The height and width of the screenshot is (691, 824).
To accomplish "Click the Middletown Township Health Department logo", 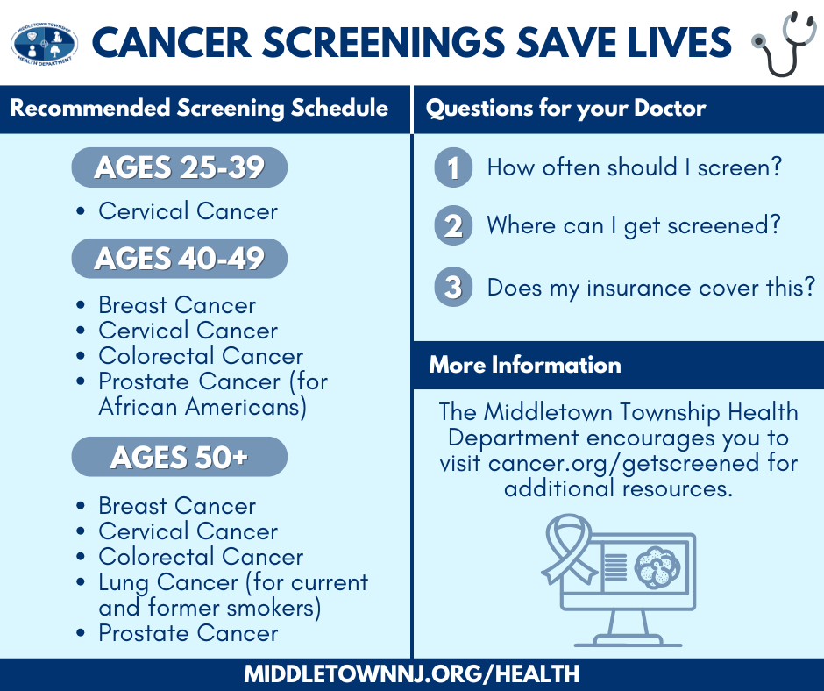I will pos(44,42).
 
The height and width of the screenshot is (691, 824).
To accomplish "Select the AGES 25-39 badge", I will pos(179,167).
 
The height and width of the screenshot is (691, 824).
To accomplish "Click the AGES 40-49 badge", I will pos(179,259).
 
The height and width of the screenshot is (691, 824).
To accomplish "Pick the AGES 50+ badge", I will pos(179,457).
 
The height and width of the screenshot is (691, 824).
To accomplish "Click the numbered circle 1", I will pos(452,167).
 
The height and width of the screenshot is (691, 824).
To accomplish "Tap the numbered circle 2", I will pos(452,226).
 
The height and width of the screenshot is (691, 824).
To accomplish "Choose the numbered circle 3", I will pos(452,287).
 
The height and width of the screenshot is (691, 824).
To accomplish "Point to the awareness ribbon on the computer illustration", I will pos(561,548).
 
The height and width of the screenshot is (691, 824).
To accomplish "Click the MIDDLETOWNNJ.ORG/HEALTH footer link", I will pos(411,673).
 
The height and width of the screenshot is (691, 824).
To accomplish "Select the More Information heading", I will pos(524,365).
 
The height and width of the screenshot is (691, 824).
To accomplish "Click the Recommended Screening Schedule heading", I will pos(199,109).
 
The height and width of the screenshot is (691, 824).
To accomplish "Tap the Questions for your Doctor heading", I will pos(565,109).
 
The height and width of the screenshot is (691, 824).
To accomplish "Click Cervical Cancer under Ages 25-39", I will pos(188,211).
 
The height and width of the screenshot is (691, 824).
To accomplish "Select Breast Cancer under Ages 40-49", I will pos(177,305).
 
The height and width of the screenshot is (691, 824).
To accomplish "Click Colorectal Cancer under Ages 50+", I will pos(201,557).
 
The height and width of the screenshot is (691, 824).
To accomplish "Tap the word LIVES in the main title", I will pos(676,42).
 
